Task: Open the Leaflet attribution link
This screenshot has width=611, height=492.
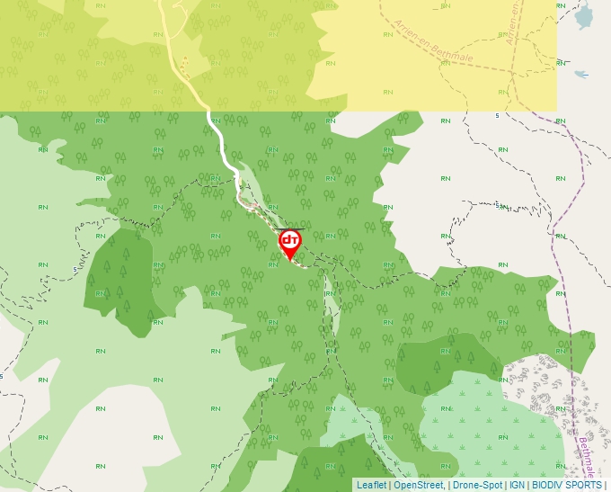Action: click(371, 485)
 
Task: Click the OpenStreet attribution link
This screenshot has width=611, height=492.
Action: click(419, 485)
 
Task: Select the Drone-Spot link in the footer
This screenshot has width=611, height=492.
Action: click(477, 485)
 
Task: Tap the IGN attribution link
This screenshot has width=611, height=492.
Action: click(518, 485)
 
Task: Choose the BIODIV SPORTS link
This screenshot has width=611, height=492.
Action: click(567, 485)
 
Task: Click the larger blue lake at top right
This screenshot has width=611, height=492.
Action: click(585, 15)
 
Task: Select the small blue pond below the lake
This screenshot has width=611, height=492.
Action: click(580, 75)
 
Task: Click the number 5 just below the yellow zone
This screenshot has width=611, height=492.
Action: click(497, 116)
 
